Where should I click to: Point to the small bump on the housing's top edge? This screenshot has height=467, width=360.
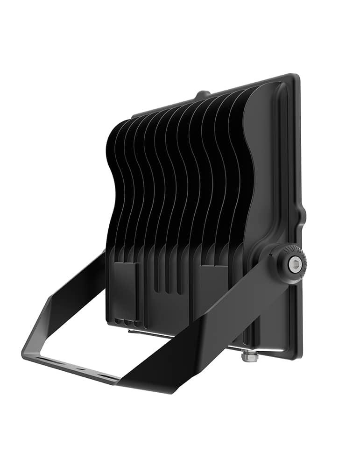click(x=202, y=94)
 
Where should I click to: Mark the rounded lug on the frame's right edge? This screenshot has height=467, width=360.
click(x=304, y=215)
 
